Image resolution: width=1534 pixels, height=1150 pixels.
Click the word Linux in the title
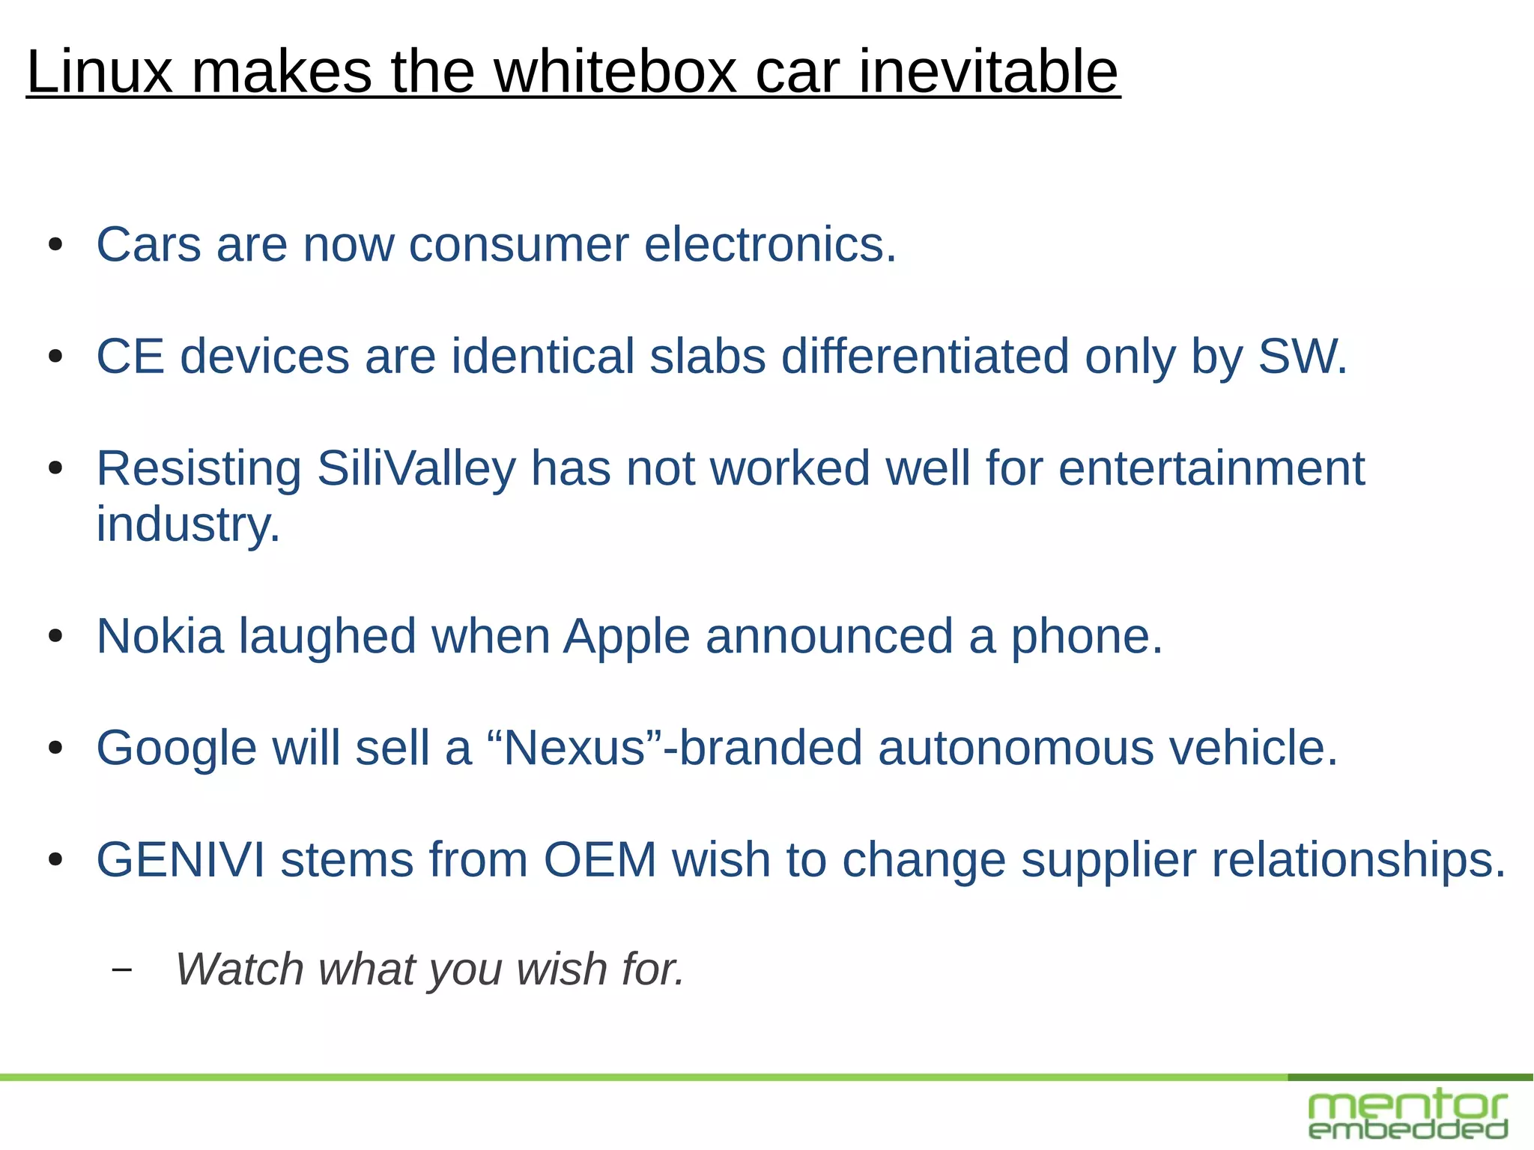pyautogui.click(x=100, y=72)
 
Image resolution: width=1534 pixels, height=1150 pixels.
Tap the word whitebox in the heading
pyautogui.click(x=616, y=72)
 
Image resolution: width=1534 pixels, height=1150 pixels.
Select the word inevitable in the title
pyautogui.click(x=988, y=72)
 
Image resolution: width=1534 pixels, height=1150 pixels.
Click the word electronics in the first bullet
pyautogui.click(x=769, y=245)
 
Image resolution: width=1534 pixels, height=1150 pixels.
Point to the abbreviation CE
pyautogui.click(x=130, y=356)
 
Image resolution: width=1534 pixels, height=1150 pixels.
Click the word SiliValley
pyautogui.click(x=416, y=469)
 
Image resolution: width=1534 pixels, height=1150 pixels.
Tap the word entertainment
pyautogui.click(x=1211, y=469)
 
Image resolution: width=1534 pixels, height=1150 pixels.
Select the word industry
pyautogui.click(x=188, y=524)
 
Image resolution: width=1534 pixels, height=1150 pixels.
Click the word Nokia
pyautogui.click(x=160, y=637)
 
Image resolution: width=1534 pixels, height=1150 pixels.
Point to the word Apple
pyautogui.click(x=626, y=637)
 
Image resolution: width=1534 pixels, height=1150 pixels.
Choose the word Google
pyautogui.click(x=177, y=748)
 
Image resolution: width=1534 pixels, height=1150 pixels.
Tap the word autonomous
pyautogui.click(x=1016, y=748)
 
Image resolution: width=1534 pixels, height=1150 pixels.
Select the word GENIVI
pyautogui.click(x=181, y=859)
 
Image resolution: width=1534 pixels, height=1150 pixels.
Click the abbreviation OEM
pyautogui.click(x=600, y=859)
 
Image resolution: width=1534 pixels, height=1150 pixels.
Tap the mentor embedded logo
pyautogui.click(x=1408, y=1116)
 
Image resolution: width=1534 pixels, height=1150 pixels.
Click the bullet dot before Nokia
pyautogui.click(x=55, y=637)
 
